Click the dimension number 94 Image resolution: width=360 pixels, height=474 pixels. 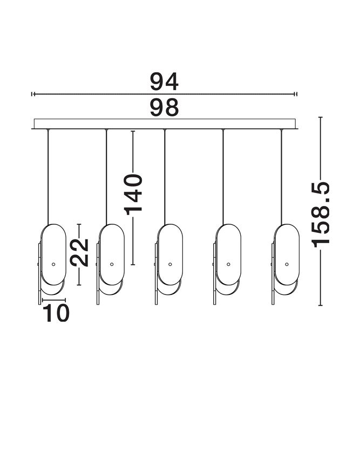tap(164, 81)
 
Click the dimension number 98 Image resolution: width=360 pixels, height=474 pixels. tap(164, 107)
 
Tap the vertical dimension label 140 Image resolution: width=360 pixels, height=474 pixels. tap(134, 194)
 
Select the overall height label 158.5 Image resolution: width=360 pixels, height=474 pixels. tap(321, 215)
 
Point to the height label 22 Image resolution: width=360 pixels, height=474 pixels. tap(79, 252)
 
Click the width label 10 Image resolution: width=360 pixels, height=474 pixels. tap(56, 313)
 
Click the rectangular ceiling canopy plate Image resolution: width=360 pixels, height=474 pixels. tap(165, 123)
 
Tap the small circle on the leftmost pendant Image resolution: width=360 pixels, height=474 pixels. tap(53, 264)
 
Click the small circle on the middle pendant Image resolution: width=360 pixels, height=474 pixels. tap(170, 264)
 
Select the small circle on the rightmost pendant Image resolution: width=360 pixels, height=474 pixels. tap(287, 264)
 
